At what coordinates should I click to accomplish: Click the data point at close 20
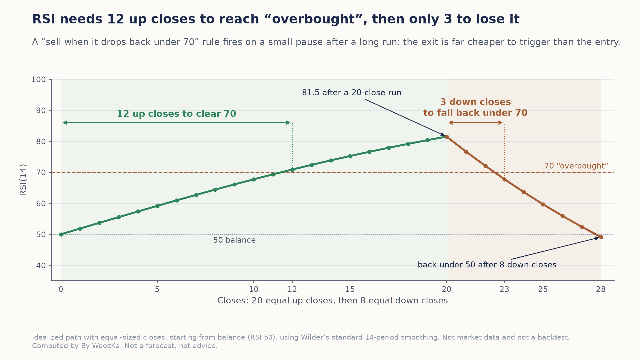point(447,137)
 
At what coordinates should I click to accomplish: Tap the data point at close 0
point(61,234)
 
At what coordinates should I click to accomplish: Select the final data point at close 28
point(601,237)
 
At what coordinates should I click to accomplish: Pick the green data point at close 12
point(292,170)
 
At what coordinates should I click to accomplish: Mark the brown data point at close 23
point(504,179)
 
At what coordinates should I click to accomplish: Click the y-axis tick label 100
point(38,80)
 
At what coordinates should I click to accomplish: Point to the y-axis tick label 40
point(41,266)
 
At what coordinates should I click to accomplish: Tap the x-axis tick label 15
point(350,289)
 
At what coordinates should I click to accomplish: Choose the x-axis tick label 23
point(504,289)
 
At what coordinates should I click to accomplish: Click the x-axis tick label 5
point(157,289)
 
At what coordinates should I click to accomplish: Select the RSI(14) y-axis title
point(23,180)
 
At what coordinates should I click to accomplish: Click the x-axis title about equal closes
point(333,301)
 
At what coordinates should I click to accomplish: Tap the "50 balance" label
point(234,240)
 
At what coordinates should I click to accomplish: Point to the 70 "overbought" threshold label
point(576,166)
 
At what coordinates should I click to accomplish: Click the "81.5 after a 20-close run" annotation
point(352,93)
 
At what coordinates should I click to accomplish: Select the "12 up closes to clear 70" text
point(176,114)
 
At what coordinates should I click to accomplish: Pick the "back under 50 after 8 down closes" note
point(487,265)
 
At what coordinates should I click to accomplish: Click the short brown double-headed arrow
point(476,123)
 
